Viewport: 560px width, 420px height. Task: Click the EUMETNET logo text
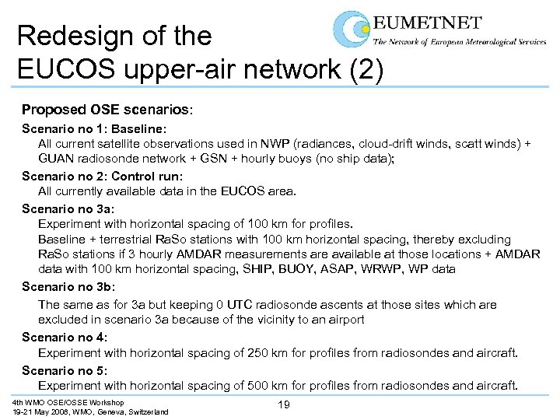(x=426, y=23)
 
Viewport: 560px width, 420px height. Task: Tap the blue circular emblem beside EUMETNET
(x=352, y=30)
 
